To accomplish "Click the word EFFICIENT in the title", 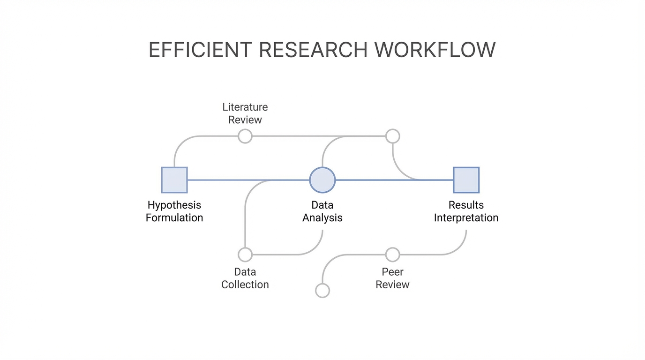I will [x=200, y=50].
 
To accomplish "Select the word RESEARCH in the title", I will [x=313, y=50].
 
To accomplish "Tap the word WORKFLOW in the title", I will [x=435, y=50].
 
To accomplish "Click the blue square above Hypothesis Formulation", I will [x=174, y=180].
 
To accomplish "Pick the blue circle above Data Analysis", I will [x=322, y=180].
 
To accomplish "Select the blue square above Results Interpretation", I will [x=466, y=180].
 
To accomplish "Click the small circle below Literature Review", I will [x=245, y=136].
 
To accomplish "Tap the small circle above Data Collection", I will [x=245, y=255].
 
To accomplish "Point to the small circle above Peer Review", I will [x=392, y=255].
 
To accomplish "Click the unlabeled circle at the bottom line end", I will [x=322, y=291].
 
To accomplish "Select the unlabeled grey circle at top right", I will [x=392, y=136].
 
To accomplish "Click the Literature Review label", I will [x=245, y=113].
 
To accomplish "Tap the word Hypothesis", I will [x=174, y=205].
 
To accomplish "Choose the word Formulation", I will [x=174, y=218].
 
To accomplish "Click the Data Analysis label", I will [x=322, y=211].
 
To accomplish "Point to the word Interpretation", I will [x=466, y=218].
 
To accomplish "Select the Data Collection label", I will [x=245, y=278].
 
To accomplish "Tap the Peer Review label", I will [x=392, y=278].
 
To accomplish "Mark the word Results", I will [x=466, y=205].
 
